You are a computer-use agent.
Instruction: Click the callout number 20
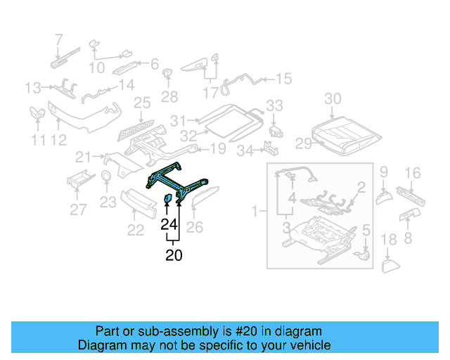coord(173,256)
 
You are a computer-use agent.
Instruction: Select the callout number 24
coord(168,225)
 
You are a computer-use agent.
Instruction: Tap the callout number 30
coord(333,99)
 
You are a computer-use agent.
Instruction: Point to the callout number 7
coord(58,39)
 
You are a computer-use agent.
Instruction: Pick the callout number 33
coord(274,106)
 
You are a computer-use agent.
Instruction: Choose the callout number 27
coord(78,208)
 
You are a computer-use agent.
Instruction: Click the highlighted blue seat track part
coord(179,184)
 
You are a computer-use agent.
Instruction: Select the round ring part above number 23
coord(106,176)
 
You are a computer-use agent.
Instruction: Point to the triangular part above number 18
coord(389,265)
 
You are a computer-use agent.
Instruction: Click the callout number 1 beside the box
coord(255,210)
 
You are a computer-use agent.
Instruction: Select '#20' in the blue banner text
coord(245,331)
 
